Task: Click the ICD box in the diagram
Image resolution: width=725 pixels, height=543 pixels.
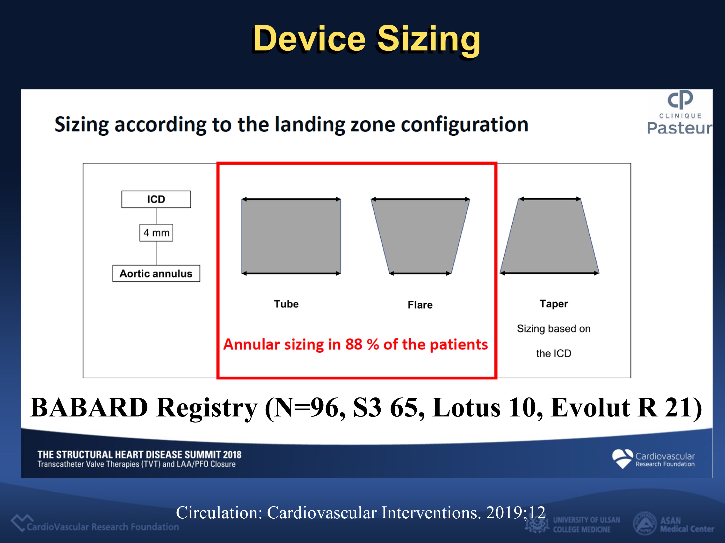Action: (x=156, y=199)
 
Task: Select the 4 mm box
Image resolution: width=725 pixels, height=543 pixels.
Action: (x=156, y=233)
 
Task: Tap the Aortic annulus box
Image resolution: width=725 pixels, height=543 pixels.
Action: (x=156, y=273)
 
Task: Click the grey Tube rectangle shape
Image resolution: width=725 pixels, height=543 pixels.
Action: (x=291, y=236)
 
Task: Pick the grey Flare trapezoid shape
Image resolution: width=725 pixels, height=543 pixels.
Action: (x=420, y=236)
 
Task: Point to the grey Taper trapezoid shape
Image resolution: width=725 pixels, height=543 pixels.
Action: (x=549, y=236)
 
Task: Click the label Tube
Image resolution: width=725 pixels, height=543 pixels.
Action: (x=286, y=304)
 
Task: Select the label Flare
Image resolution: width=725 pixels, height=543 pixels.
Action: (x=420, y=305)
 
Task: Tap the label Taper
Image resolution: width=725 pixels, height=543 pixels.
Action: (x=554, y=304)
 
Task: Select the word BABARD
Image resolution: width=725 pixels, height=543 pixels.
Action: (x=89, y=408)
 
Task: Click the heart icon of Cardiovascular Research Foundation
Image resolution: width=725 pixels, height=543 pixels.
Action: (x=622, y=458)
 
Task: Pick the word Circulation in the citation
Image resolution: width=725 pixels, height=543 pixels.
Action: (x=219, y=513)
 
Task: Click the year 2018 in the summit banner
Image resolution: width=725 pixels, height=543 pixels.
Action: (x=232, y=455)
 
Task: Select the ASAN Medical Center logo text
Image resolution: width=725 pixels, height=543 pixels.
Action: (x=687, y=525)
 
